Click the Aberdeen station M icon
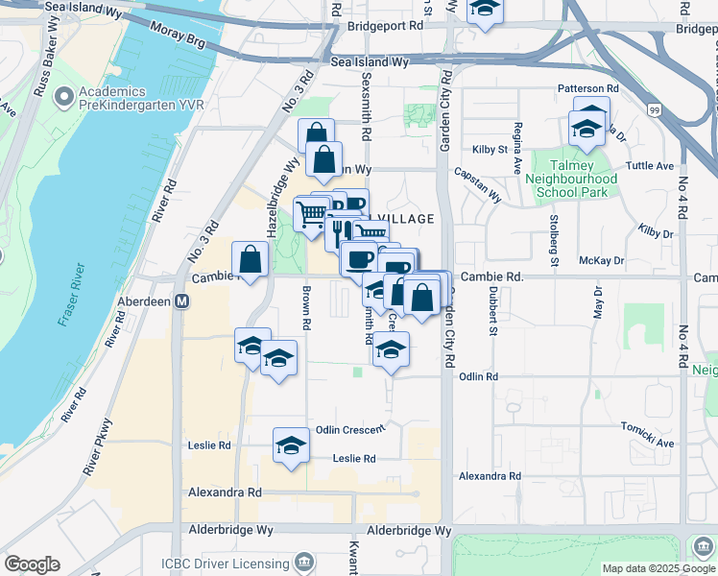click(181, 300)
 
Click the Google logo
click(32, 564)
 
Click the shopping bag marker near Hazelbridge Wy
click(251, 259)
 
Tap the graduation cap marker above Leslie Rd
click(291, 444)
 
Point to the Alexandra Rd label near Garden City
click(490, 476)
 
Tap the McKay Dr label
click(602, 260)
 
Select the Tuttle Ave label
click(650, 165)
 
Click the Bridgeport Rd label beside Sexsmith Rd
click(386, 27)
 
